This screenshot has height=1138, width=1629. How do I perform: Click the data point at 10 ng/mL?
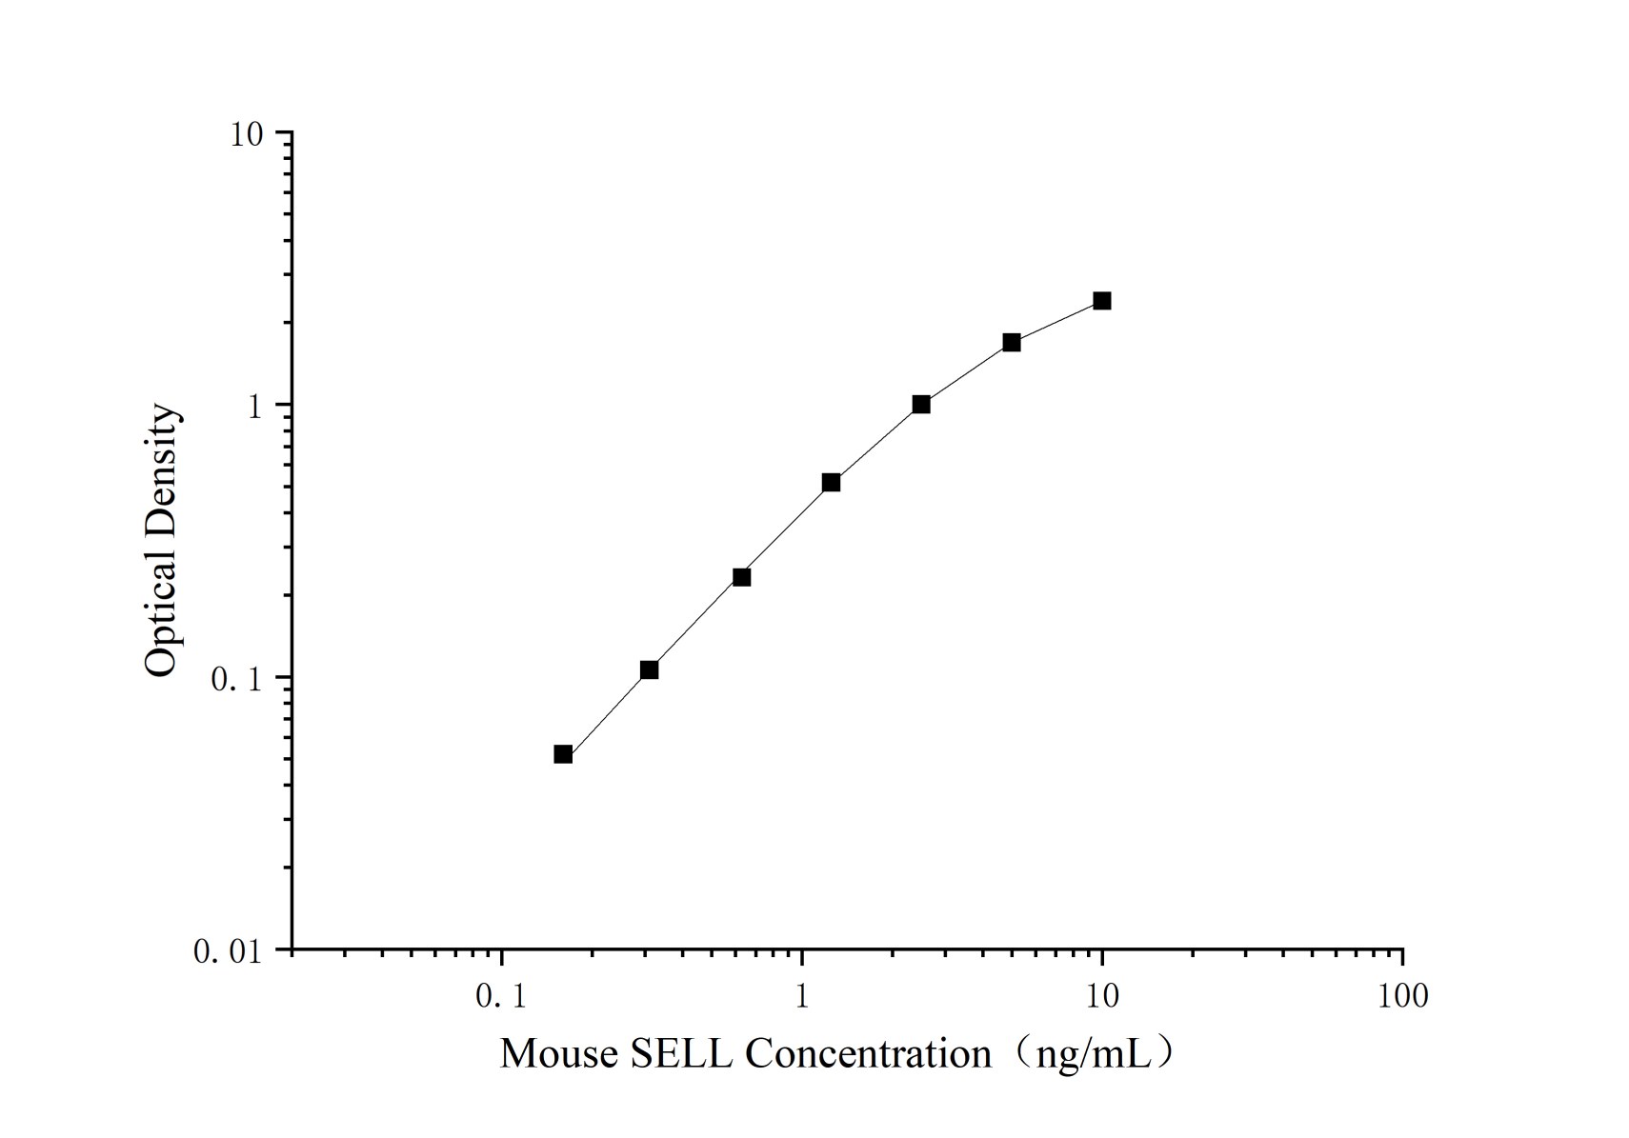click(x=1101, y=301)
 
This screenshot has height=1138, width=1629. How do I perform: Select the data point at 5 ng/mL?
click(x=1011, y=342)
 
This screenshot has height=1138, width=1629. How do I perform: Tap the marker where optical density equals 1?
click(x=921, y=404)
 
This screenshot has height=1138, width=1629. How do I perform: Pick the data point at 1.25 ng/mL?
click(x=831, y=483)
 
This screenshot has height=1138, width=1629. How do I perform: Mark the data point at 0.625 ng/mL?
click(x=741, y=577)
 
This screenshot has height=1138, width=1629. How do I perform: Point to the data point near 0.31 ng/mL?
click(x=649, y=669)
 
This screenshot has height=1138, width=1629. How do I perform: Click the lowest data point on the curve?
click(x=563, y=754)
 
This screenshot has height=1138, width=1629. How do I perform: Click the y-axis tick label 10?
click(x=246, y=134)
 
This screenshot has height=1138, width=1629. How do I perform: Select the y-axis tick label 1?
click(x=254, y=407)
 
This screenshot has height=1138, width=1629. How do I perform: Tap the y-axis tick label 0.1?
click(x=236, y=679)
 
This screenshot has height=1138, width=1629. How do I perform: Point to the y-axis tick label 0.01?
click(x=228, y=951)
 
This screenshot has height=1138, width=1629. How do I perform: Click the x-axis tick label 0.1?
click(x=501, y=996)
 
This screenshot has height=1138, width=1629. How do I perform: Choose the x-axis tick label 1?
click(x=801, y=996)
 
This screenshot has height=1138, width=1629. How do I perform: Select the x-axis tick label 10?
click(x=1102, y=996)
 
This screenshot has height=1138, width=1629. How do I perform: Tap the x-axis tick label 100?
click(x=1402, y=996)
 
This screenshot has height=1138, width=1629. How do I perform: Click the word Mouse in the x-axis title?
click(x=559, y=1054)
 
